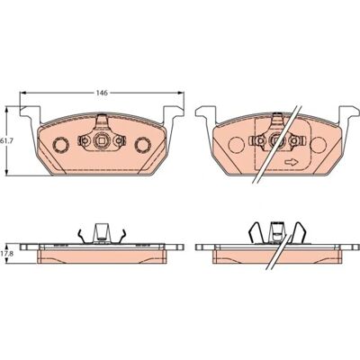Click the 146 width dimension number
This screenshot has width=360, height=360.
[102, 93]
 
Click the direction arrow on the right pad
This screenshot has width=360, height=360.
[291, 162]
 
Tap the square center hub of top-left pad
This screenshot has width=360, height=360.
[102, 139]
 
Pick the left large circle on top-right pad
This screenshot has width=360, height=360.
[236, 145]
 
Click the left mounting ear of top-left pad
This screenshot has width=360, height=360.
[30, 115]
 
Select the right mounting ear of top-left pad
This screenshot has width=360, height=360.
[174, 115]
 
